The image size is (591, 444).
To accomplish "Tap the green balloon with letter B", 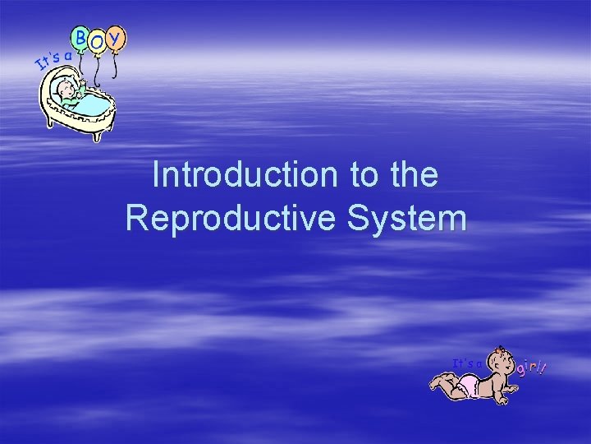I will point(81,37).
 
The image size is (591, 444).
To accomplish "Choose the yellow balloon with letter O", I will point(98,42).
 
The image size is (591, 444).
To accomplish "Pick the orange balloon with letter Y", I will point(117,38).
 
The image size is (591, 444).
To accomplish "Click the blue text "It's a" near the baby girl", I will point(468,362).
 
